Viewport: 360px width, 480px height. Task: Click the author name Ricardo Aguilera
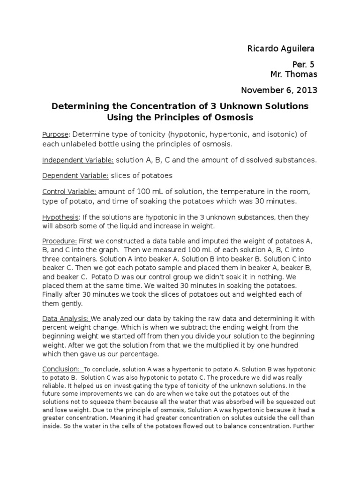(281, 49)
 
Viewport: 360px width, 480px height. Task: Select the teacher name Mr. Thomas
(293, 74)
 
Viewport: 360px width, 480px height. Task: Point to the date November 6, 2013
(279, 90)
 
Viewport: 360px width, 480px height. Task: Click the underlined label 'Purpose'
(55, 135)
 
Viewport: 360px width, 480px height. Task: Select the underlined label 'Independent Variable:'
(78, 160)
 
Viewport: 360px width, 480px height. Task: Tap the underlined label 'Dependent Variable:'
(75, 176)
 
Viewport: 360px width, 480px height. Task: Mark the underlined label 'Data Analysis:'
(66, 319)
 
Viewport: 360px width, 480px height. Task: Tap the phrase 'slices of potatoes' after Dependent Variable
(142, 176)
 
